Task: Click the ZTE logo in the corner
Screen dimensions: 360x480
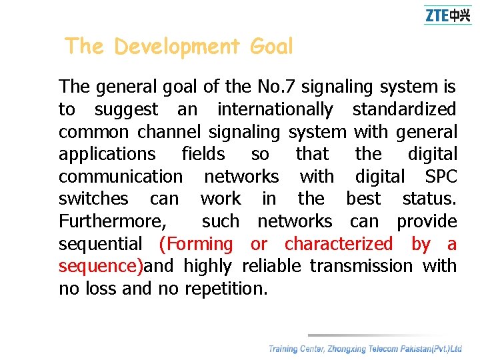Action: pyautogui.click(x=447, y=15)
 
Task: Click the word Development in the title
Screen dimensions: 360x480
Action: pyautogui.click(x=177, y=47)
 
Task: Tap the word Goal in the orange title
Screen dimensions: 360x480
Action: pyautogui.click(x=271, y=47)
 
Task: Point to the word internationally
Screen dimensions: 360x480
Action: pyautogui.click(x=275, y=109)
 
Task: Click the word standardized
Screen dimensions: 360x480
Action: pyautogui.click(x=404, y=109)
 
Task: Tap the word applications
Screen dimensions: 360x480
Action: pyautogui.click(x=107, y=154)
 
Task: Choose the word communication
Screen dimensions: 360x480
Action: pyautogui.click(x=120, y=176)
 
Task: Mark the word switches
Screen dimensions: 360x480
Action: pyautogui.click(x=93, y=199)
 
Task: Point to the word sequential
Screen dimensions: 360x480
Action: pyautogui.click(x=100, y=244)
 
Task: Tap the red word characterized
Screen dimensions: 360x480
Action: pyautogui.click(x=339, y=244)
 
